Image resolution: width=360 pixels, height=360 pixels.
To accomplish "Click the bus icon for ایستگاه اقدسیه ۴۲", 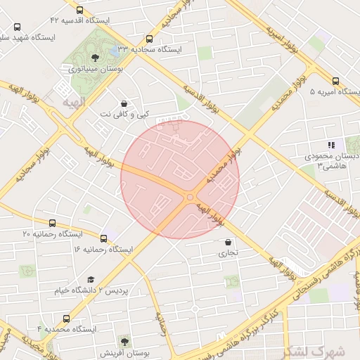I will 78,10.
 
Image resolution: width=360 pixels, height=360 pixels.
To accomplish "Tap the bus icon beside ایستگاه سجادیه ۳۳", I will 149,39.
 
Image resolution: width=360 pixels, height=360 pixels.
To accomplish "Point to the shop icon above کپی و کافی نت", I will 124,103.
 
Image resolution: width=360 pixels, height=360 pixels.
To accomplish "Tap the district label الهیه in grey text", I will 73,103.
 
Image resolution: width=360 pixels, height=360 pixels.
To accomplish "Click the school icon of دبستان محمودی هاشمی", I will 331,145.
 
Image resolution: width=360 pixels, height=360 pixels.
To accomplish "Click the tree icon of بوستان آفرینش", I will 125,342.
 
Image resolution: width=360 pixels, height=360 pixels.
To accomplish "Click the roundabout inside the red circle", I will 190,197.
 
